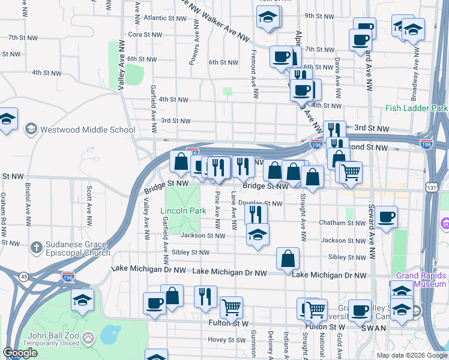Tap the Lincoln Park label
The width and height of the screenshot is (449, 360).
click(x=183, y=211)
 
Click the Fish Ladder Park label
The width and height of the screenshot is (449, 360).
click(x=417, y=108)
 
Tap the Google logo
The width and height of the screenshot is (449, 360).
click(x=20, y=353)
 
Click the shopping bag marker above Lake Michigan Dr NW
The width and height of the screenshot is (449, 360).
click(x=288, y=258)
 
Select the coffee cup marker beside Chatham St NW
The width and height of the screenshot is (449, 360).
click(x=387, y=217)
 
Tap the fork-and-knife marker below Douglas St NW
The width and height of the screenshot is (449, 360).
click(x=256, y=212)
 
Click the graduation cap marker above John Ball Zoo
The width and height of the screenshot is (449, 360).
click(x=83, y=301)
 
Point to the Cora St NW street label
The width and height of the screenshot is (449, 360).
click(x=143, y=34)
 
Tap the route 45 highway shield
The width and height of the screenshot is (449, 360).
click(x=23, y=276)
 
